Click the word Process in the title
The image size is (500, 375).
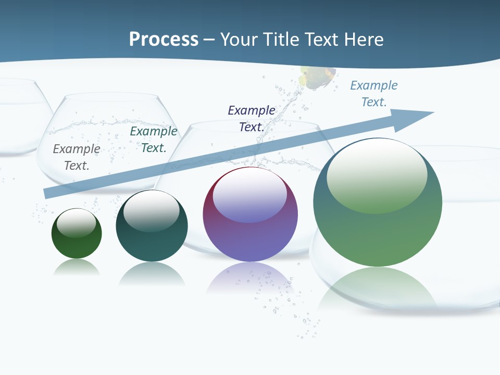(x=164, y=40)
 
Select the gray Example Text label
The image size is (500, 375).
(x=77, y=157)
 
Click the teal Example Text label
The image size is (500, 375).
(x=154, y=140)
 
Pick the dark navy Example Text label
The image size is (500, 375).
(x=252, y=118)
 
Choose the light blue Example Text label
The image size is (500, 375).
(x=374, y=94)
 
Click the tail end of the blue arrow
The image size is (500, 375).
(x=48, y=193)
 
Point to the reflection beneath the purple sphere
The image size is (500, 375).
(x=250, y=279)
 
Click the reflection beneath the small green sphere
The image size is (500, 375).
(x=77, y=268)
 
